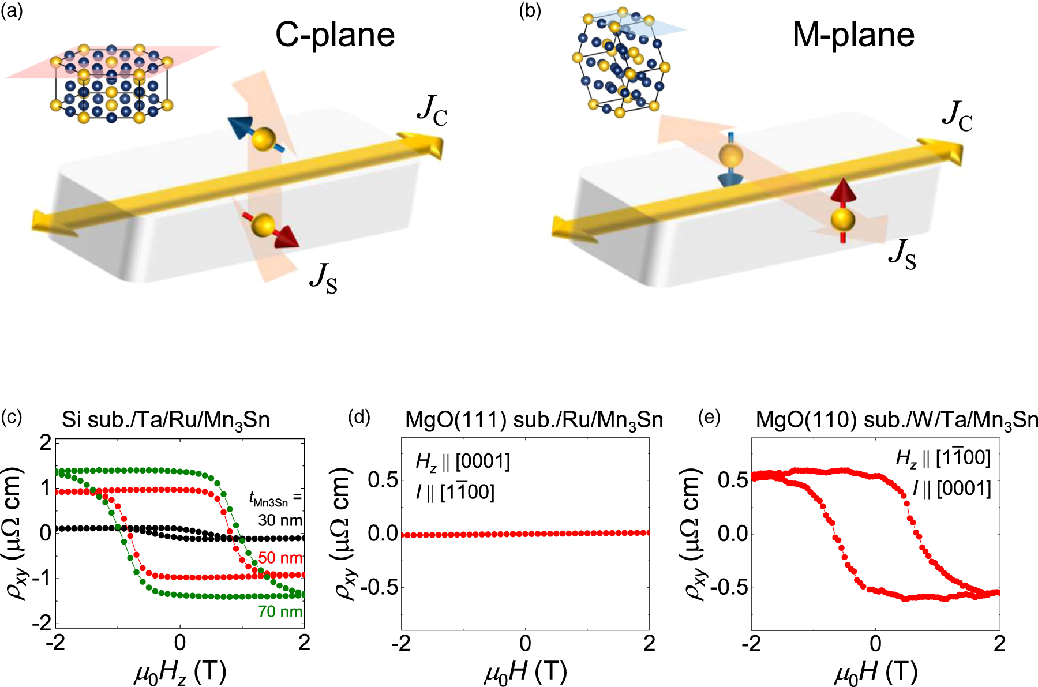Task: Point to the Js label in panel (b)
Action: click(x=902, y=254)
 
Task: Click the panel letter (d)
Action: click(x=359, y=416)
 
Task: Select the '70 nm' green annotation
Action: click(x=280, y=611)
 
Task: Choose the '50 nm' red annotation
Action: click(x=280, y=558)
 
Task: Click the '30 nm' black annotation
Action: click(x=280, y=520)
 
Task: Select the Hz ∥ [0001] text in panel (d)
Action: click(x=463, y=461)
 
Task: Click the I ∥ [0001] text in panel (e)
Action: click(x=951, y=489)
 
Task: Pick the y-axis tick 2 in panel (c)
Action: click(x=46, y=443)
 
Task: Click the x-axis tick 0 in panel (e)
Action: click(x=875, y=643)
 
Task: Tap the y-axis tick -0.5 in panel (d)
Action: click(x=379, y=587)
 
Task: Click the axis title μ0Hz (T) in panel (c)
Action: click(x=180, y=672)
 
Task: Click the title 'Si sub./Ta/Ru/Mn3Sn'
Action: click(x=166, y=420)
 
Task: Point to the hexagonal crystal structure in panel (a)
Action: click(x=111, y=84)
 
